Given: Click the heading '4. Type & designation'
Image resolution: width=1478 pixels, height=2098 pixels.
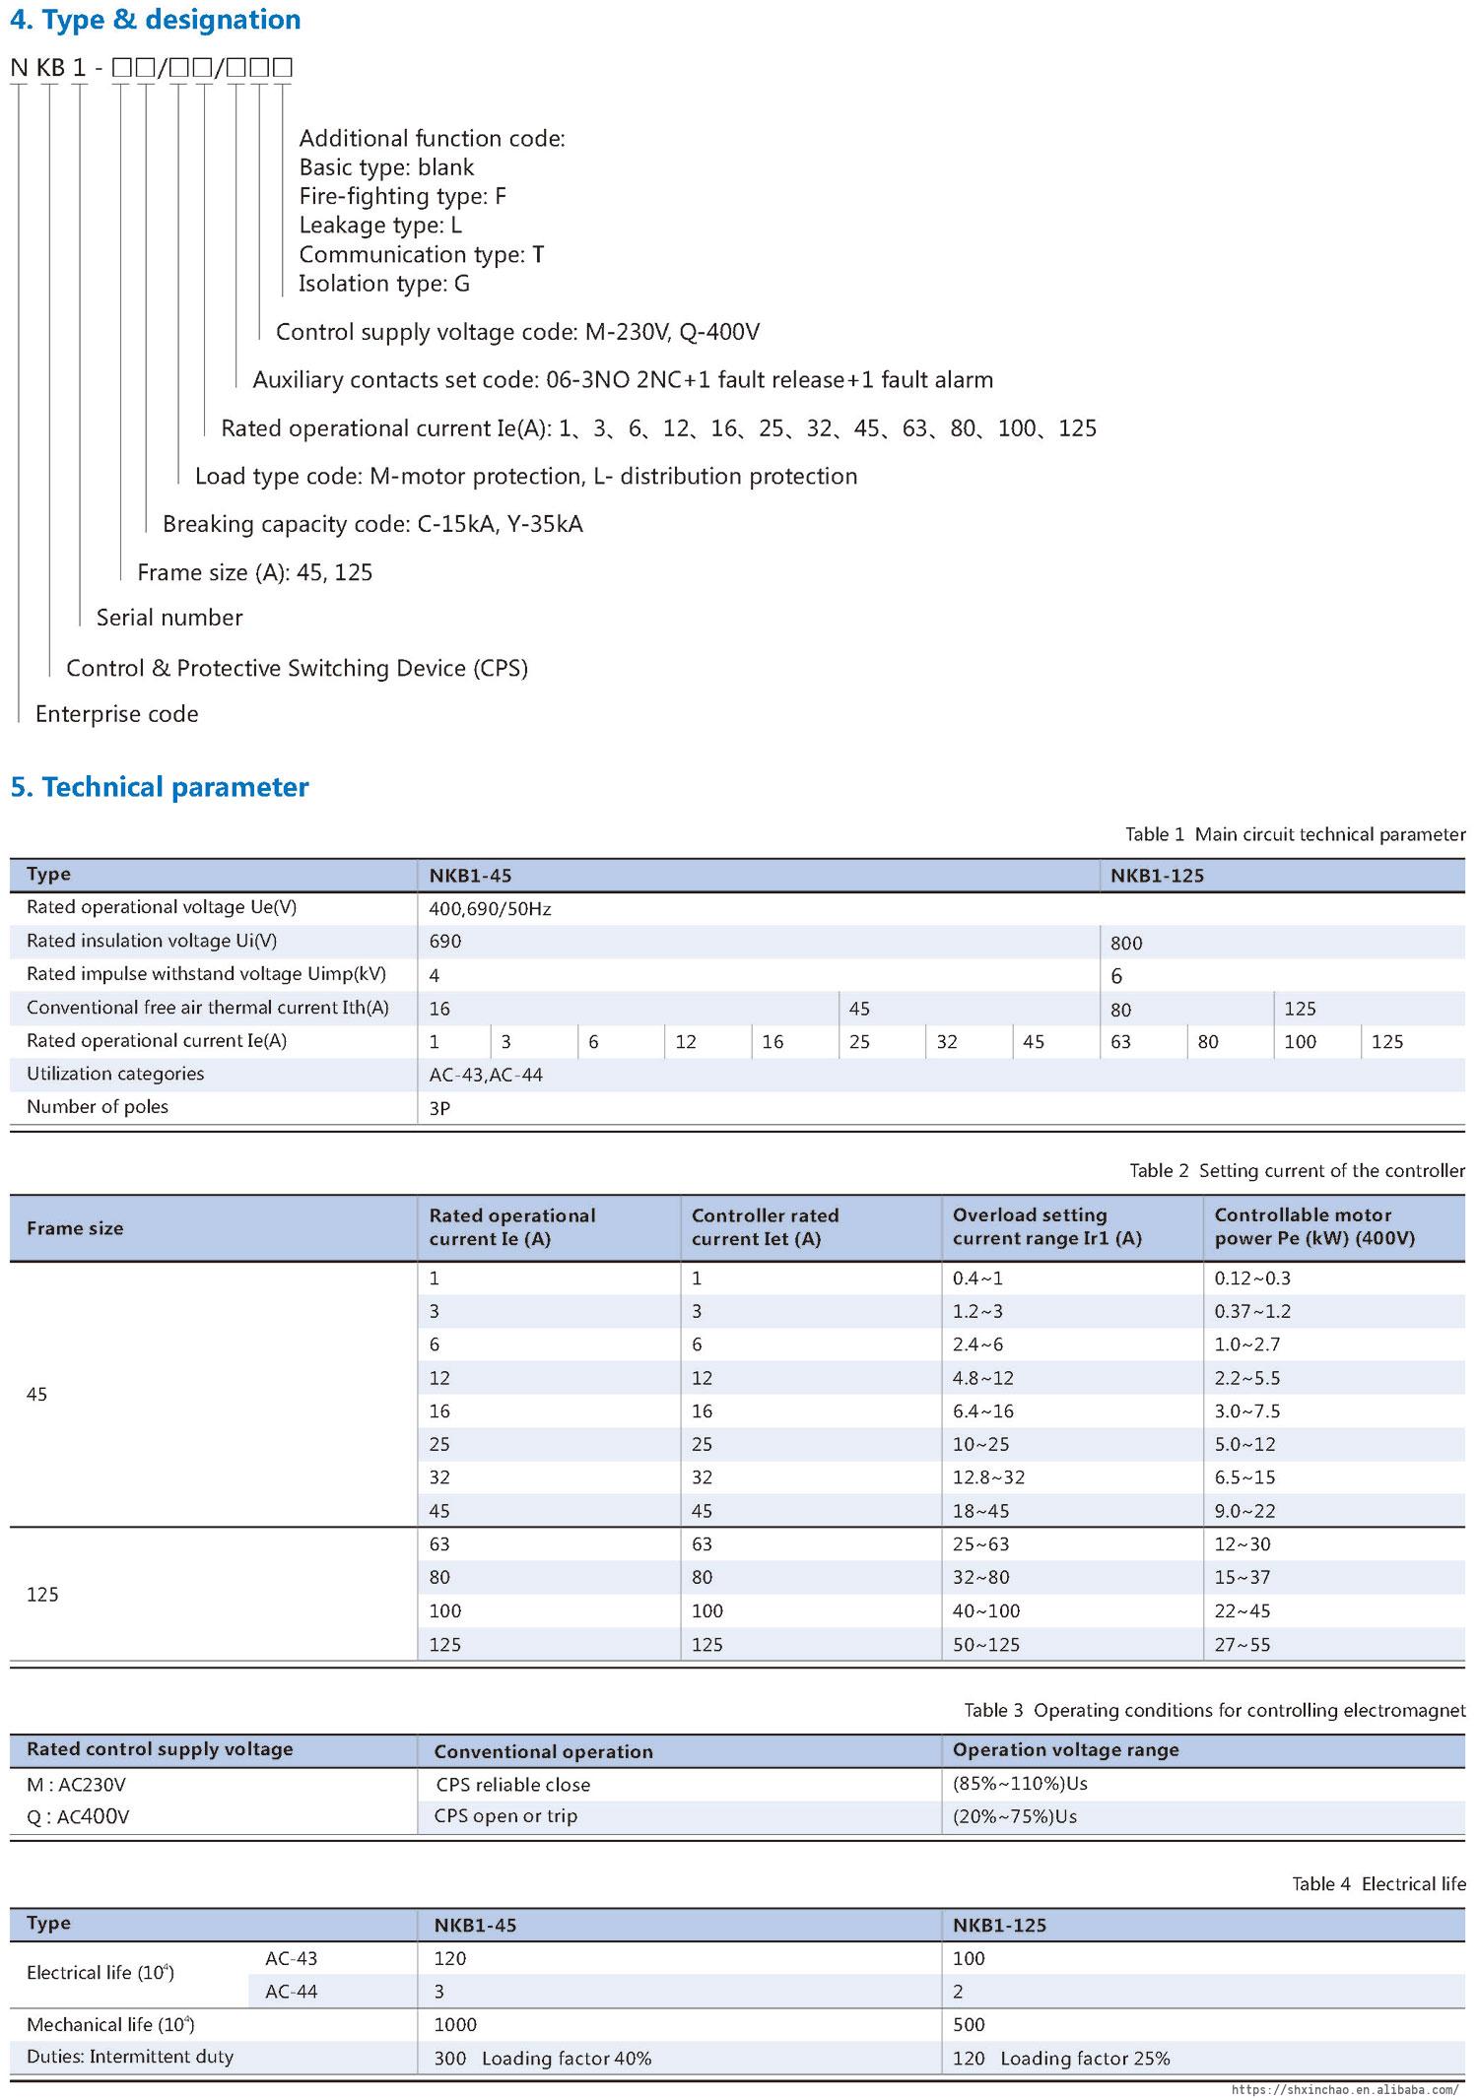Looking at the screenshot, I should pos(156,20).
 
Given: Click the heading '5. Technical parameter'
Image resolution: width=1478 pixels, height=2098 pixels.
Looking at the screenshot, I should pos(160,787).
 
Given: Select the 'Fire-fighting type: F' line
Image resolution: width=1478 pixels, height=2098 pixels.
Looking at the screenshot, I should pos(402,196).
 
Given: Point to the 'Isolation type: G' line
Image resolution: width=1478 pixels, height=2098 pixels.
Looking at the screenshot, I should pos(384,284).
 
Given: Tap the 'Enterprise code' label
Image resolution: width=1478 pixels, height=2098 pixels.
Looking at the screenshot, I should pos(116,714).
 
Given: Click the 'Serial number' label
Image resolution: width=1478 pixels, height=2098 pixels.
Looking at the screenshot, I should pos(169,618).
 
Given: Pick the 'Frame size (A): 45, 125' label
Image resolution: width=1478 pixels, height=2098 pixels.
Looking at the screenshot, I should pos(254,572).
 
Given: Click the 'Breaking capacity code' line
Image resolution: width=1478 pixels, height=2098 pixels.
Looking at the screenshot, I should pos(372,524).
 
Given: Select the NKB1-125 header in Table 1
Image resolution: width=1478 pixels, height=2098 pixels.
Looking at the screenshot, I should pos(1157,876).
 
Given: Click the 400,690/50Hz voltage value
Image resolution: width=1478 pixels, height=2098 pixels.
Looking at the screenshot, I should pos(490,909).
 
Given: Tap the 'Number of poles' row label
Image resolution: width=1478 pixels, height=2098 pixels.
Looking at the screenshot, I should pos(98,1107).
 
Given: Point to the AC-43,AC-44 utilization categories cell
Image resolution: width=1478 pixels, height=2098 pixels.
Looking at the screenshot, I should pos(486,1075).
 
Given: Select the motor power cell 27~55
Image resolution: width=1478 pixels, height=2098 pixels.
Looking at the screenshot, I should pos(1242,1644).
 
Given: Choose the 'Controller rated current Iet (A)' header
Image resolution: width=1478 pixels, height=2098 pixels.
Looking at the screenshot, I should pos(765,1227).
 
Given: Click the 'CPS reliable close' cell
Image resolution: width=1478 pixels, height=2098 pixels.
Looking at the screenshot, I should pos(512,1785).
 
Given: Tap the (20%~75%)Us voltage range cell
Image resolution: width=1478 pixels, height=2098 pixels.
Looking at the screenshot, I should pos(1014,1816).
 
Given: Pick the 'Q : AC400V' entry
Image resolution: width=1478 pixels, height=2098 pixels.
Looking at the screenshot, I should pos(78,1816).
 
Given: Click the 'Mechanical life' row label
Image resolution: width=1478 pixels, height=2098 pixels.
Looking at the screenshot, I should pos(110,2025).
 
